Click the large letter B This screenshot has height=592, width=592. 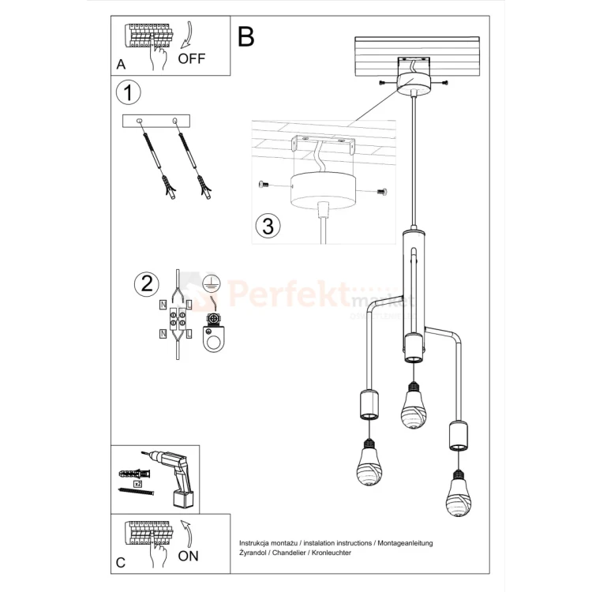click(246, 36)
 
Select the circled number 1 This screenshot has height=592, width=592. click(128, 92)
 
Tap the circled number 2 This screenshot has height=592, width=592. click(145, 283)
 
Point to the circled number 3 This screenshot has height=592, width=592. click(268, 226)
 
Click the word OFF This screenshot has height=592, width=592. click(192, 58)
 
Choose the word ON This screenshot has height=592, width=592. click(188, 556)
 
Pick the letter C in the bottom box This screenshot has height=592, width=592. click(121, 562)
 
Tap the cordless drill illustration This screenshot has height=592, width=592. click(174, 477)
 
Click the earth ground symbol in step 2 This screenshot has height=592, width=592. click(211, 283)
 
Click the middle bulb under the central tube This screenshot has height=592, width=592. click(410, 407)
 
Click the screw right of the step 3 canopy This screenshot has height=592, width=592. click(384, 191)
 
